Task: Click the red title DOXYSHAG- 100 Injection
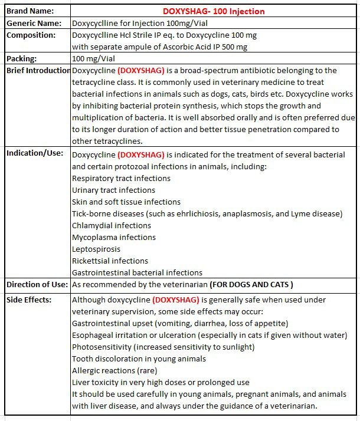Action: (214, 11)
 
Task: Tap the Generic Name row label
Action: (34, 23)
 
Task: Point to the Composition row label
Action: (31, 35)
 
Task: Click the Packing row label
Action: (22, 59)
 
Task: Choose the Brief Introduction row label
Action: (38, 71)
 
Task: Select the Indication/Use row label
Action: (35, 154)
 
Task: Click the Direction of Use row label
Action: (37, 285)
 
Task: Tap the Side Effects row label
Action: (29, 300)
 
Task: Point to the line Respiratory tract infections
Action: (121, 178)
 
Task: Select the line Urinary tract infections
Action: (113, 190)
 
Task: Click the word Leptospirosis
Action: (96, 249)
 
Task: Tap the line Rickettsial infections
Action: (110, 261)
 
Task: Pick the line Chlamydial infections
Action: (112, 225)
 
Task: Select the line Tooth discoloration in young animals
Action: (139, 358)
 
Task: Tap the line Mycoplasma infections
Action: (114, 237)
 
